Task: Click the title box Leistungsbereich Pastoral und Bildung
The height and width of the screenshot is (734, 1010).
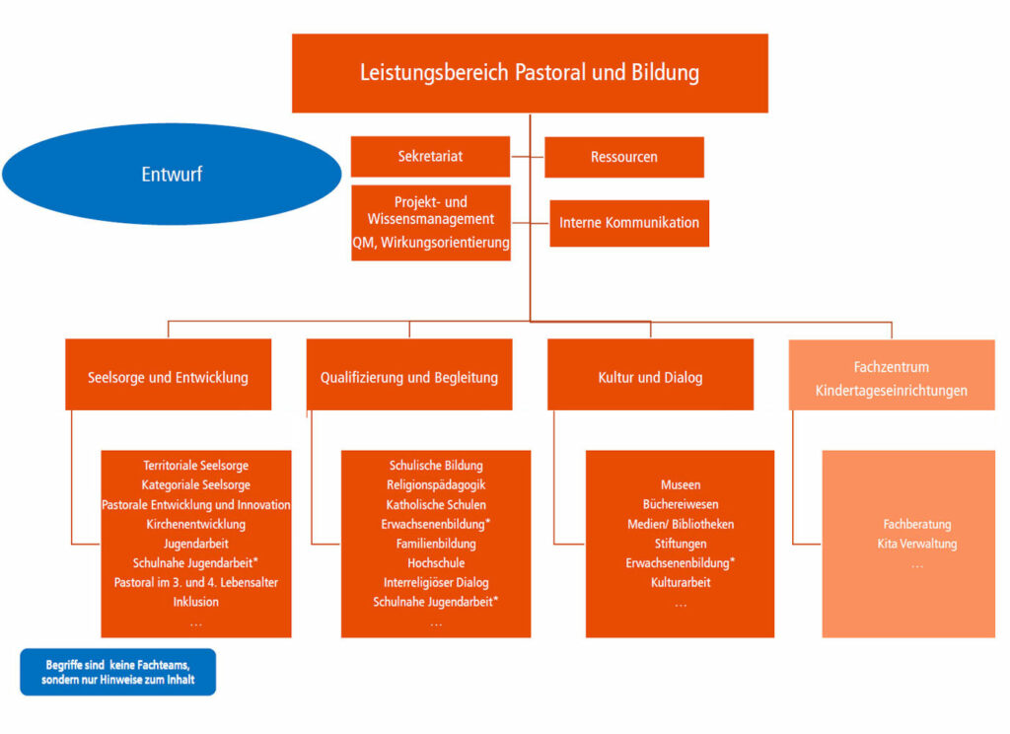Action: pos(530,73)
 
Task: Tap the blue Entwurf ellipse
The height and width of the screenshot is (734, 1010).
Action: pos(172,174)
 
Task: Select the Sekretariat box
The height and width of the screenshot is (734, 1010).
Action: pos(430,157)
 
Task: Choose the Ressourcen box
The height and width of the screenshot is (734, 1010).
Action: pos(624,157)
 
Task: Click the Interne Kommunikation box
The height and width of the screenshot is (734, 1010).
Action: pos(629,223)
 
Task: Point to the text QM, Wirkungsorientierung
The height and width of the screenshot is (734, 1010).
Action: pos(431,243)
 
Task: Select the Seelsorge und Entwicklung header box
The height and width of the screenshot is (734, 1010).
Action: pos(168,375)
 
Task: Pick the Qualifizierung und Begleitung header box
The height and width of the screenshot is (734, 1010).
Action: pos(409,375)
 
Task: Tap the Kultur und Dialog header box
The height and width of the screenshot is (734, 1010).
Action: pos(651,375)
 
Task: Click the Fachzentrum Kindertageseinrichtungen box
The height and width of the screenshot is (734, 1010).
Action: pos(892,375)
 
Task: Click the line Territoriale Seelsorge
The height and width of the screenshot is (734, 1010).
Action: pos(196,466)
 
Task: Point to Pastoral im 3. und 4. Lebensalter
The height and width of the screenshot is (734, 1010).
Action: pos(196,582)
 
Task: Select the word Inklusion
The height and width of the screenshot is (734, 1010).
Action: pos(196,602)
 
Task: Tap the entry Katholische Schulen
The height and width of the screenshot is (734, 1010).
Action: pos(436,504)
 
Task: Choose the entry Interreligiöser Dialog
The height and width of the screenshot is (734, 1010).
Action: pos(436,582)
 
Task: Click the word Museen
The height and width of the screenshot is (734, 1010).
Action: pos(681,484)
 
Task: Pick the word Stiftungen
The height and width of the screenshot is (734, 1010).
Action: pos(681,544)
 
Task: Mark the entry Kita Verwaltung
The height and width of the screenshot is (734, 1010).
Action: pos(916,544)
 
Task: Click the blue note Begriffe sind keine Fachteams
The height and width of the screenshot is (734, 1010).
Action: pos(118,672)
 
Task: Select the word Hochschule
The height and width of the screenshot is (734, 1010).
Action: pos(436,563)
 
